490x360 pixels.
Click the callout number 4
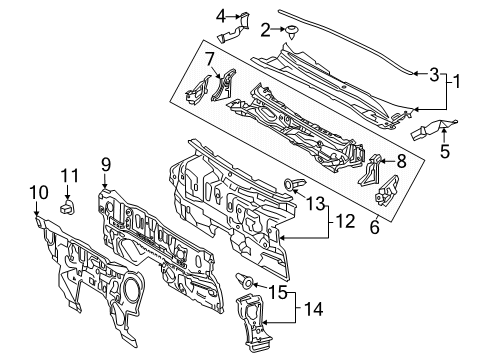(x=221, y=16)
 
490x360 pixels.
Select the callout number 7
(x=209, y=60)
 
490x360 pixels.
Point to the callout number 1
(x=456, y=81)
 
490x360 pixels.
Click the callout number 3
(x=434, y=75)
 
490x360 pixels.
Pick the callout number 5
(x=445, y=152)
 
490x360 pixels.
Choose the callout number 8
(x=401, y=162)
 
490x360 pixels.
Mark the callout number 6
(x=375, y=227)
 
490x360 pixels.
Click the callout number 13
(x=315, y=204)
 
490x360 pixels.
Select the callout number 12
(x=345, y=222)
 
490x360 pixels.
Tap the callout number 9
(x=106, y=165)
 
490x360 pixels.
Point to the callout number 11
(x=70, y=176)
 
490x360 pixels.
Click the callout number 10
(x=39, y=193)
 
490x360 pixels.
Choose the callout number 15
(x=278, y=293)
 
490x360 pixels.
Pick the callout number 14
(x=313, y=309)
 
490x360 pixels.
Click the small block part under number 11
(x=67, y=207)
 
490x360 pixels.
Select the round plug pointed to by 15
(x=245, y=281)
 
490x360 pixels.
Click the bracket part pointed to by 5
(x=432, y=129)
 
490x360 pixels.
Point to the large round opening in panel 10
(x=131, y=286)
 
